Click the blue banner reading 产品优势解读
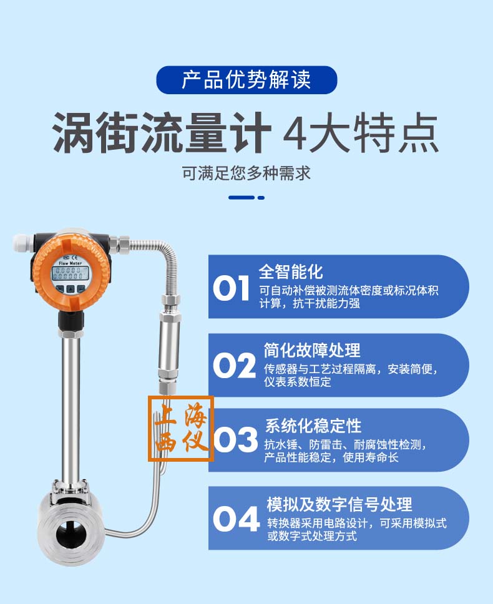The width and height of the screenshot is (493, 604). [x=246, y=80]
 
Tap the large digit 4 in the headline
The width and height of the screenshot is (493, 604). [x=295, y=133]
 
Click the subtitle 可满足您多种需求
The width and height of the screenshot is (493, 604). [x=246, y=173]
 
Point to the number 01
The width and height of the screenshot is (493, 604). [x=231, y=288]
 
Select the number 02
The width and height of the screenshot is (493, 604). [x=234, y=366]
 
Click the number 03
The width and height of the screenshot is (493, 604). [x=235, y=439]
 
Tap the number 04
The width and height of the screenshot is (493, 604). [x=236, y=519]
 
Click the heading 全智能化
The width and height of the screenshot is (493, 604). [x=291, y=271]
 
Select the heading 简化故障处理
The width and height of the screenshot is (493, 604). [x=312, y=350]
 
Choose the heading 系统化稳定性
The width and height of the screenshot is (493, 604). [x=313, y=426]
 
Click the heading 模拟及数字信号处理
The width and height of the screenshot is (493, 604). [x=339, y=504]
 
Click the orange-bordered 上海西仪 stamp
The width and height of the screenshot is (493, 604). [x=181, y=428]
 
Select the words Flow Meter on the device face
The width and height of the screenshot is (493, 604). [x=70, y=263]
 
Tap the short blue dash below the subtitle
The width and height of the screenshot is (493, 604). [x=261, y=198]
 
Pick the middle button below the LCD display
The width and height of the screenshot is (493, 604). [x=71, y=289]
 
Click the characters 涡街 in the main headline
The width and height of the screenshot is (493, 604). [x=95, y=133]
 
